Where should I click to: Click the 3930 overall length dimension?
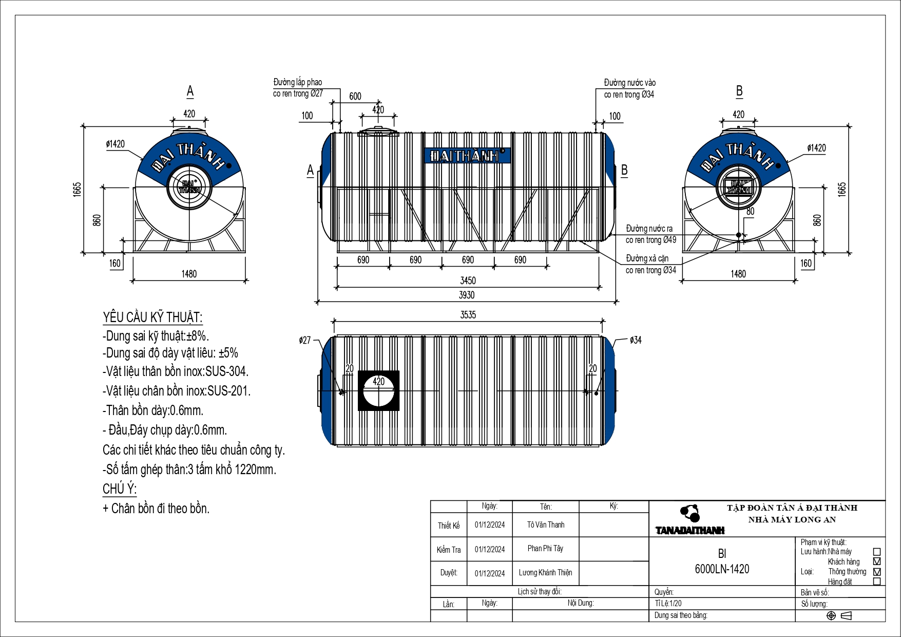pyautogui.click(x=467, y=295)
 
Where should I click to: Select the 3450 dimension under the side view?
pyautogui.click(x=468, y=281)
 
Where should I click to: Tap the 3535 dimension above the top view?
pyautogui.click(x=468, y=315)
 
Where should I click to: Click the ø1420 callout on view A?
pyautogui.click(x=116, y=144)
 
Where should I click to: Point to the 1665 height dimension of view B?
pyautogui.click(x=842, y=189)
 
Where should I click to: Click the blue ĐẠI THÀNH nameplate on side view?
pyautogui.click(x=467, y=156)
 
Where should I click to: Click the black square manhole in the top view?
pyautogui.click(x=378, y=390)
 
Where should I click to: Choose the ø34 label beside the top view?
pyautogui.click(x=636, y=340)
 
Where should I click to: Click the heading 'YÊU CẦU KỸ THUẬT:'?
pyautogui.click(x=152, y=317)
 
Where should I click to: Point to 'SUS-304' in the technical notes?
pyautogui.click(x=228, y=371)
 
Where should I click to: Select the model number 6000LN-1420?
pyautogui.click(x=722, y=569)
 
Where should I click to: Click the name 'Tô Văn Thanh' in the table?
pyautogui.click(x=546, y=525)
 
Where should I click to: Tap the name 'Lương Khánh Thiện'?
pyautogui.click(x=545, y=573)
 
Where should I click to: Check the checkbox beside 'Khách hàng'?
pyautogui.click(x=877, y=561)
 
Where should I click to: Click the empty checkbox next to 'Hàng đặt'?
pyautogui.click(x=877, y=582)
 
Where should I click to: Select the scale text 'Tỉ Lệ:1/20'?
pyautogui.click(x=668, y=604)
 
